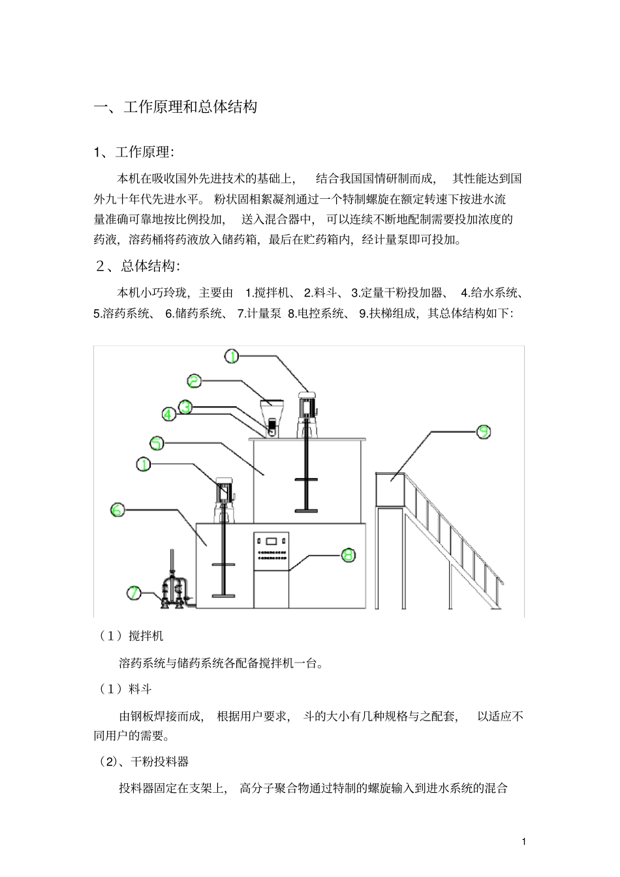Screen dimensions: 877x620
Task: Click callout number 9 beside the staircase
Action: (x=484, y=432)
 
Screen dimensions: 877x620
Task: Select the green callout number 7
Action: (x=134, y=593)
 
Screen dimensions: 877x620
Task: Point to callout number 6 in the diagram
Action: (x=117, y=510)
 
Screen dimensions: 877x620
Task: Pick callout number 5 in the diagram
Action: (x=157, y=443)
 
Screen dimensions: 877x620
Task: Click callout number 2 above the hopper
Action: (x=194, y=380)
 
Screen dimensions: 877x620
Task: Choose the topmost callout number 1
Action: (x=233, y=356)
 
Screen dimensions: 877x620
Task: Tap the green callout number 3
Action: (x=185, y=406)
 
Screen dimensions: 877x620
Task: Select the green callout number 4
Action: (x=168, y=414)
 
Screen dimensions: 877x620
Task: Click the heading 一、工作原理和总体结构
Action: (x=176, y=106)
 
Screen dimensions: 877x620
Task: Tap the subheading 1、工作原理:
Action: (x=134, y=152)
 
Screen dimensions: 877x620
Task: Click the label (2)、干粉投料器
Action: (x=144, y=762)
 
